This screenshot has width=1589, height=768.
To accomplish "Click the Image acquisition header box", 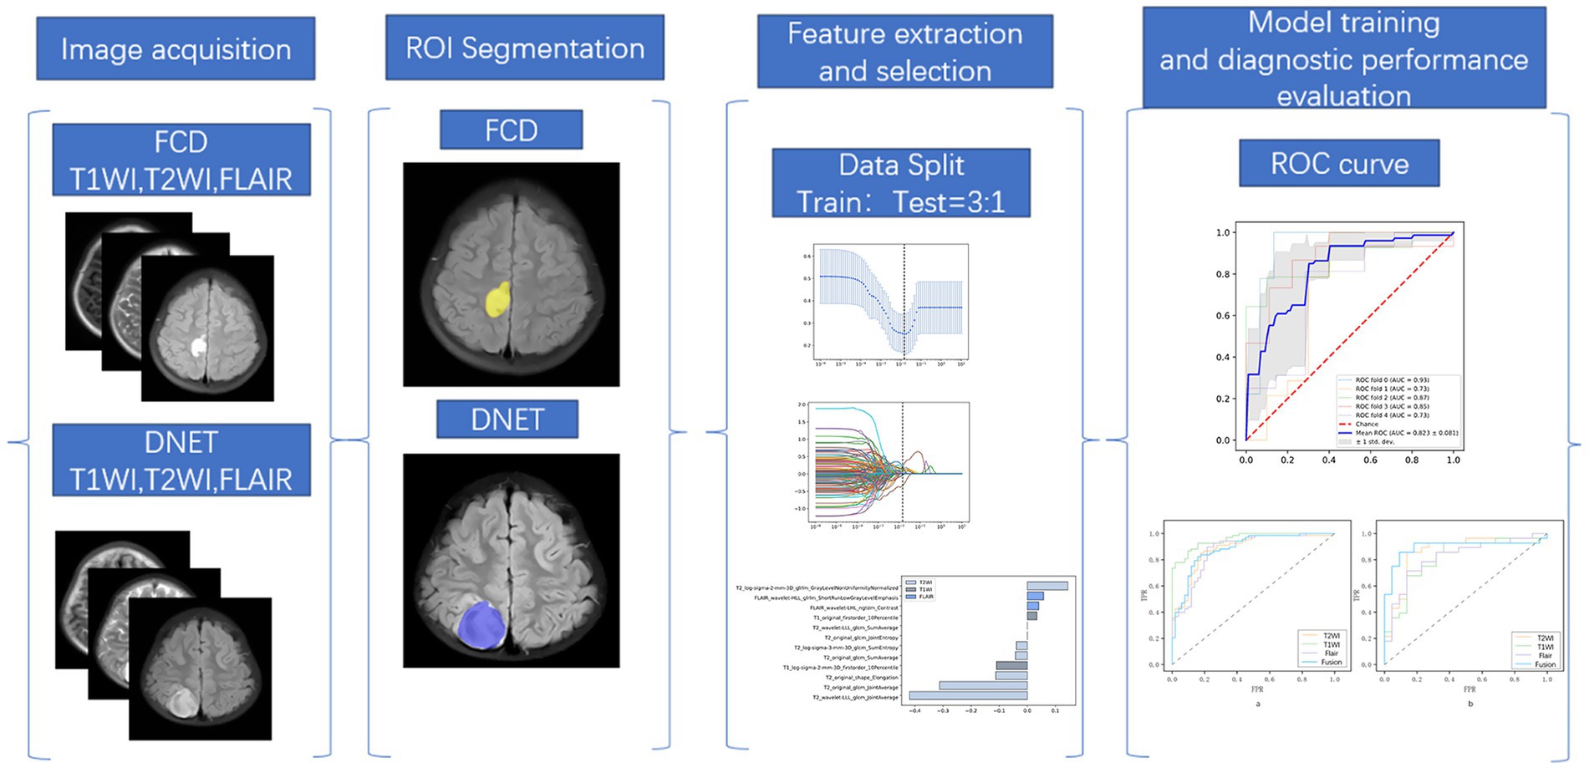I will pyautogui.click(x=176, y=49).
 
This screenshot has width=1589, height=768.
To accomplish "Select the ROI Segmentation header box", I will pyautogui.click(x=525, y=48).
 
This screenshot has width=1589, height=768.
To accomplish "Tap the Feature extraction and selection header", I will pyautogui.click(x=904, y=52).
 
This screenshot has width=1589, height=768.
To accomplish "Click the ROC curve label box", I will pyautogui.click(x=1339, y=164).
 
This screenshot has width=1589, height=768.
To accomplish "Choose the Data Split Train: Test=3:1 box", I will pyautogui.click(x=901, y=184).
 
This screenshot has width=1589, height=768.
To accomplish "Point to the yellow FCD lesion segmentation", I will pyautogui.click(x=498, y=299).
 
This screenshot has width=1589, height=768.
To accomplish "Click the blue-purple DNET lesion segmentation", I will pyautogui.click(x=481, y=625).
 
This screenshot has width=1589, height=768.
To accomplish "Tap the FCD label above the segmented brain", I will pyautogui.click(x=511, y=130).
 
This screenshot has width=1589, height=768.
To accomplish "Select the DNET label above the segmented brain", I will pyautogui.click(x=507, y=419).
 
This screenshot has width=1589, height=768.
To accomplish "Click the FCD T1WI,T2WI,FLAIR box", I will pyautogui.click(x=181, y=160).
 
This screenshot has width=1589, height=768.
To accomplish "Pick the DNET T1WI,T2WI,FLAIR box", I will pyautogui.click(x=181, y=460).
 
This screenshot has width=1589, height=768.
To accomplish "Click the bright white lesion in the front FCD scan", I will pyautogui.click(x=198, y=346).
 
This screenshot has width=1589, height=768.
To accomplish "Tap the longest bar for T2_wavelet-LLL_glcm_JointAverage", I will pyautogui.click(x=968, y=695).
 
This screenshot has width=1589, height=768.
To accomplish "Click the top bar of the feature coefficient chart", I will pyautogui.click(x=1047, y=586).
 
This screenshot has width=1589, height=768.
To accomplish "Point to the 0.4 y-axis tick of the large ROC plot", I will pyautogui.click(x=1223, y=357).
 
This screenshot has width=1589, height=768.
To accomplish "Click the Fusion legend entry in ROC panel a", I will pyautogui.click(x=1331, y=663).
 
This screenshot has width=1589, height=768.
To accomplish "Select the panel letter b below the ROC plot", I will pyautogui.click(x=1470, y=704).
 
